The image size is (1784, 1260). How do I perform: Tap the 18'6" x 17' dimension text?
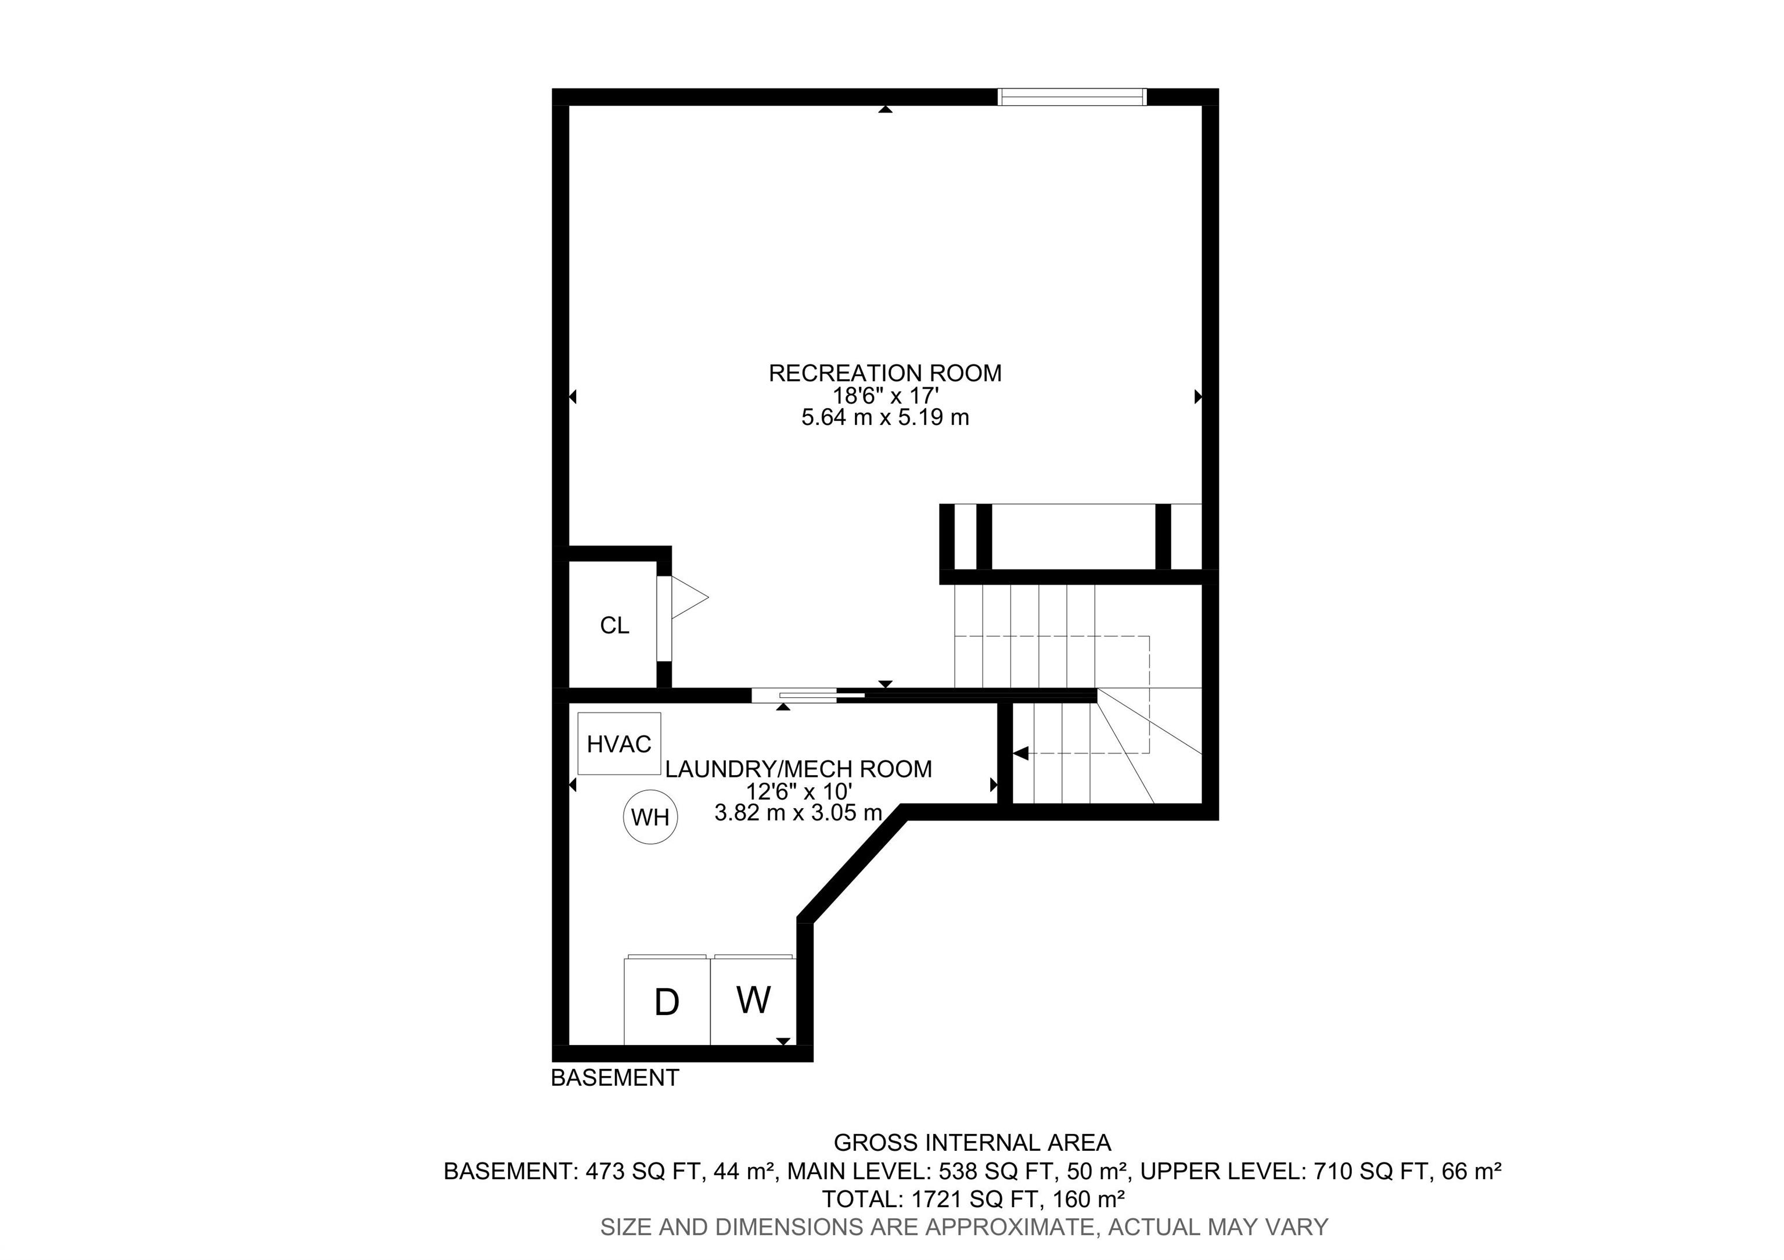[886, 396]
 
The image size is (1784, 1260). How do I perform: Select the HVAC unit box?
[619, 743]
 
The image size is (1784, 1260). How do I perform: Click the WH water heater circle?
[650, 816]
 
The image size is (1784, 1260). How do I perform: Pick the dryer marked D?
[667, 1000]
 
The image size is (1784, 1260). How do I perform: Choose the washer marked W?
[754, 1000]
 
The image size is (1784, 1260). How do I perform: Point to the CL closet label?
[614, 625]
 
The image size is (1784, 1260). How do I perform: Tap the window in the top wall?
[1071, 96]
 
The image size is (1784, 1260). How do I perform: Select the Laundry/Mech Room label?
[799, 769]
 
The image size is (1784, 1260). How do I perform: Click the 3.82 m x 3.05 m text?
[799, 812]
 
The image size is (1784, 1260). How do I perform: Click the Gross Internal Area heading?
[972, 1143]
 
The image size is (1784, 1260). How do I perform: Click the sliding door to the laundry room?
[808, 695]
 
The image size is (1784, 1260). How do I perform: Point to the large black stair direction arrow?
[1021, 753]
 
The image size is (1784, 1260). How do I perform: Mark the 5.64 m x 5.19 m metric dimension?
[885, 418]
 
